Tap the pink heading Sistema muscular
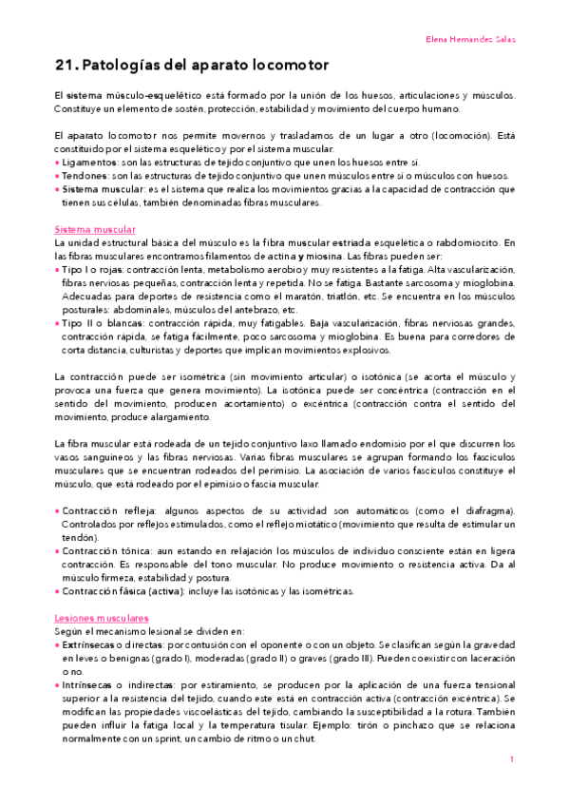coord(95,230)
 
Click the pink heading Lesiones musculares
coord(101,591)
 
